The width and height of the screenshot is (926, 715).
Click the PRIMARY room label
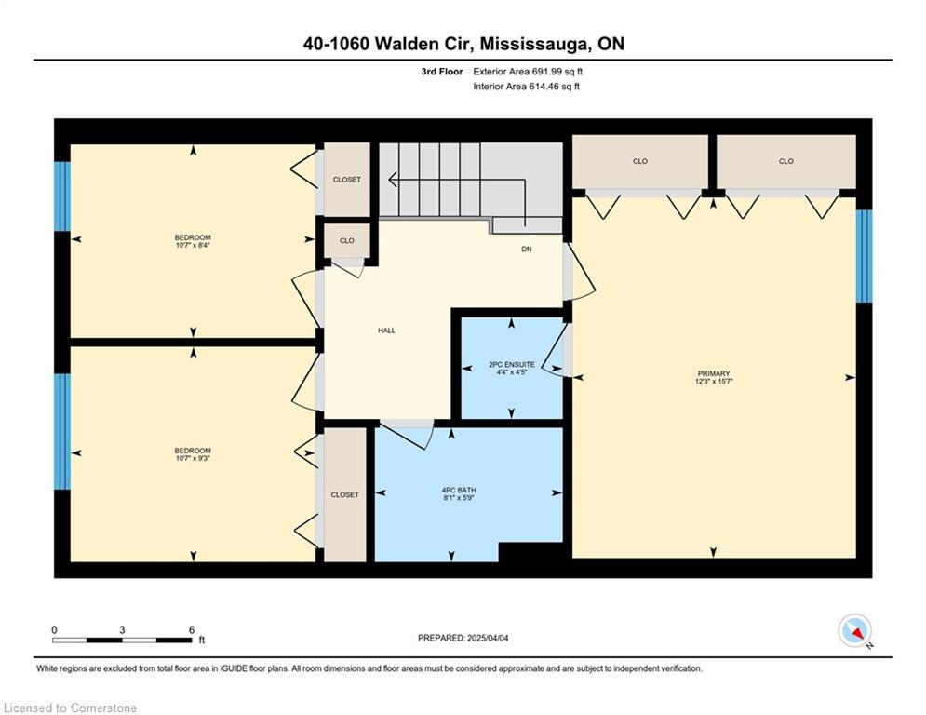tap(714, 373)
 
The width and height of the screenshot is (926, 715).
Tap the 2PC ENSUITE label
tap(512, 365)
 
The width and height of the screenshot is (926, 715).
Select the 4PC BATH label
tap(459, 490)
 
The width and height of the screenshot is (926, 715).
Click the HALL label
tap(387, 331)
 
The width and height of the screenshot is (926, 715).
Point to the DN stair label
tap(526, 250)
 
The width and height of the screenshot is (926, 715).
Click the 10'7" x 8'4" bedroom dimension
tap(193, 245)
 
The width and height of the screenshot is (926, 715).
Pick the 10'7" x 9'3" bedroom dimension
tap(193, 458)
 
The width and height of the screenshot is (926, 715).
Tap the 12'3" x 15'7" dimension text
tap(714, 381)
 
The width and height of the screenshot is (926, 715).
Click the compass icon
tap(854, 630)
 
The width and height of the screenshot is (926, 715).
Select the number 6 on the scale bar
tap(192, 630)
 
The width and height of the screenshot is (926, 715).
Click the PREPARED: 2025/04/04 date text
tap(463, 638)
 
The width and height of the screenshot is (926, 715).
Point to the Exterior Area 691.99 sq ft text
tap(528, 72)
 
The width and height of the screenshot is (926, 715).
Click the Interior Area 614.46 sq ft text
tap(526, 87)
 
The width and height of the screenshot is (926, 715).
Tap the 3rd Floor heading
tap(442, 72)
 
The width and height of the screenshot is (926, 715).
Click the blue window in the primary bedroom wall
tap(864, 256)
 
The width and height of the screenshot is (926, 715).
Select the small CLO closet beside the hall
tap(347, 241)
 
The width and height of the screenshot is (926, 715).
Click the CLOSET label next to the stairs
tap(346, 180)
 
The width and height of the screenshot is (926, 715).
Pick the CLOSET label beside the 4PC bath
tap(345, 494)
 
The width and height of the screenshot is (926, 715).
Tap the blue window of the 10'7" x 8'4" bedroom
tap(62, 196)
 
